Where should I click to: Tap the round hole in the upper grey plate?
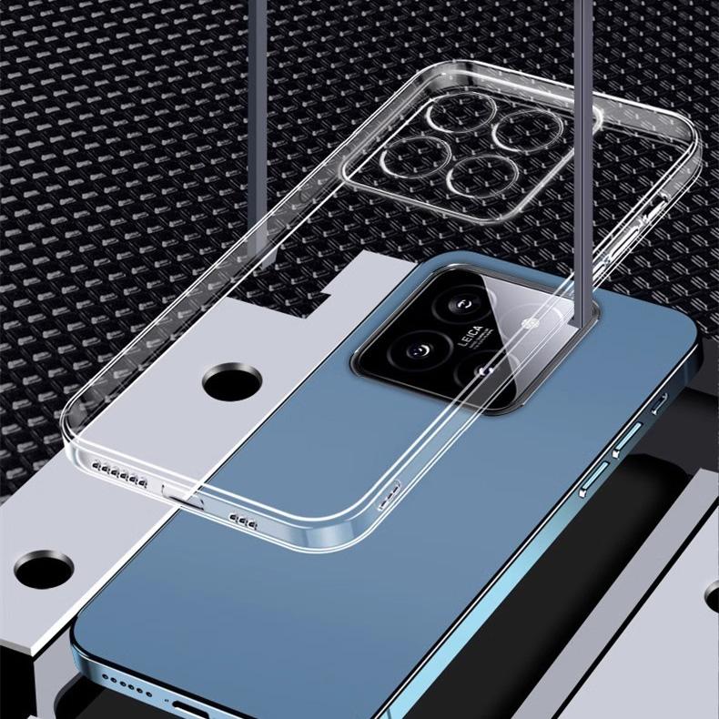click(232, 383)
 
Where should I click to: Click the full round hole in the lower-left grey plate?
click(44, 571)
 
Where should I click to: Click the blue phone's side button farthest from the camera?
click(594, 478)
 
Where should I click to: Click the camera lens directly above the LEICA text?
click(461, 303)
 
